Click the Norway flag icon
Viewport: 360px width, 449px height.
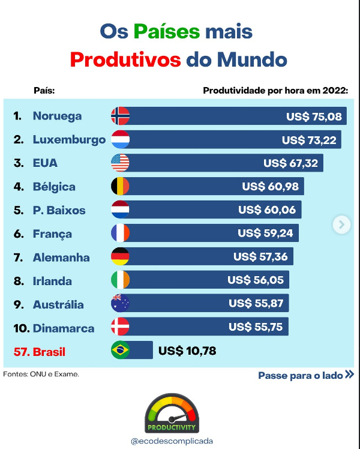pos(120,116)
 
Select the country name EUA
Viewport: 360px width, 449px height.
pos(46,163)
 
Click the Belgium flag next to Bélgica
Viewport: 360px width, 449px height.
pos(120,187)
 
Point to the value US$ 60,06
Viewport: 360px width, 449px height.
pos(267,210)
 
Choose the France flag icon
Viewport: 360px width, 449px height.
pos(120,234)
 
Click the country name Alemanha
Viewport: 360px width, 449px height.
pos(61,258)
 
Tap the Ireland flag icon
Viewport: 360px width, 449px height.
pos(120,280)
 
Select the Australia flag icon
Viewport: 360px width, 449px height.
pos(120,304)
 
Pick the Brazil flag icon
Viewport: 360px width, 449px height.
pos(120,351)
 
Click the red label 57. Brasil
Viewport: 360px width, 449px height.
pos(39,352)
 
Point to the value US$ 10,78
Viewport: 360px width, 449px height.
pos(187,351)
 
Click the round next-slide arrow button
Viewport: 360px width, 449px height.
pos(341,224)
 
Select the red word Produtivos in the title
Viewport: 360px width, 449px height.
pos(125,60)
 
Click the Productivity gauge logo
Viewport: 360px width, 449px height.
pos(171,414)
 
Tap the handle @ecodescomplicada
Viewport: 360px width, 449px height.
pos(172,441)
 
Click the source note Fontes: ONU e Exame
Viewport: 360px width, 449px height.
pos(41,375)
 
